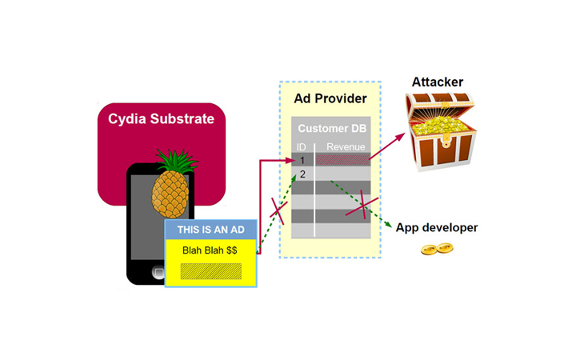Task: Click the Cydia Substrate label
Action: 162,119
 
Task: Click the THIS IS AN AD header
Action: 210,230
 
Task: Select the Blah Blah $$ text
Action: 210,250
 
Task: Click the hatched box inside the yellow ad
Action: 210,270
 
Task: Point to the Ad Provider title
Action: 330,99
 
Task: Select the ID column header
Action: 302,147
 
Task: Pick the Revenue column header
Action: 346,147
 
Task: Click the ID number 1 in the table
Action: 302,160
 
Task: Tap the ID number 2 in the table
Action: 302,174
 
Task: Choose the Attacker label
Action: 437,82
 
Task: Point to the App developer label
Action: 437,228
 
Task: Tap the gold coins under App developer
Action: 434,250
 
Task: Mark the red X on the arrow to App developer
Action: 361,205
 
